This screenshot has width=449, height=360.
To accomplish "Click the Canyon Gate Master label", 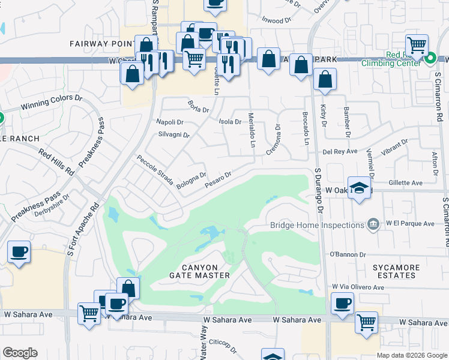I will click(x=205, y=271).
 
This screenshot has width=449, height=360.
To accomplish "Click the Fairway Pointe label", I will click(x=101, y=44).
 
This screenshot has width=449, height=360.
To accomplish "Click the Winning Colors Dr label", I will click(x=52, y=103).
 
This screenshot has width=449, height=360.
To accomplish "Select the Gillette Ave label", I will click(x=405, y=182).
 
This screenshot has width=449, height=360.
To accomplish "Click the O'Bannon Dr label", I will click(x=348, y=255).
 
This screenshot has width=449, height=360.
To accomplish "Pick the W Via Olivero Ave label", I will click(x=357, y=287).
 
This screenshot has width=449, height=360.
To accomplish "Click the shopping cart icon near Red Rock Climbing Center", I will click(x=416, y=44).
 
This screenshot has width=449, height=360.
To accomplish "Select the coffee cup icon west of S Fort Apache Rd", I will click(x=19, y=251).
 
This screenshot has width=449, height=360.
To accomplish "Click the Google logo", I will click(x=20, y=353).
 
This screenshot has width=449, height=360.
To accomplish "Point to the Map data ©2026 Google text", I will click(x=411, y=355).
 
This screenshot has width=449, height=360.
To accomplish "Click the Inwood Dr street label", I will click(x=276, y=20).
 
